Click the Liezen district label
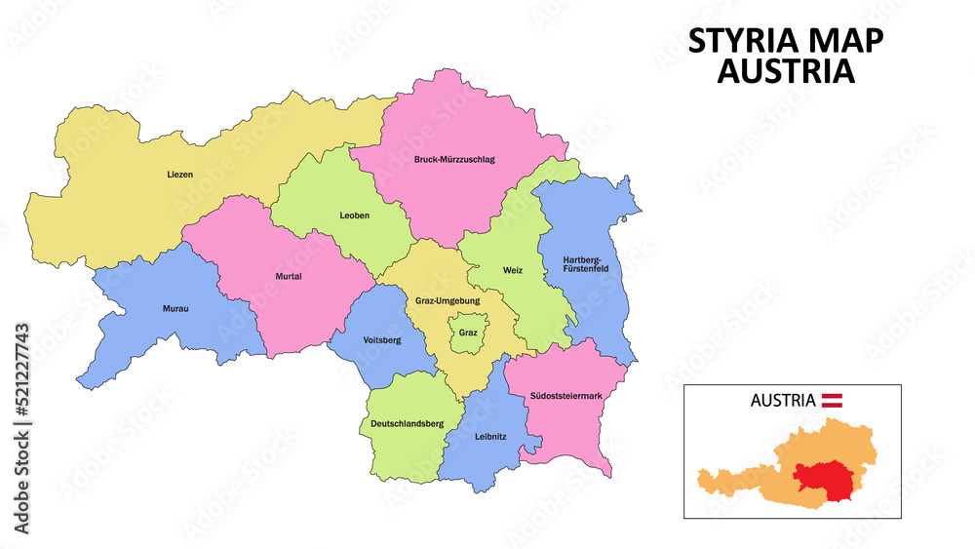tap(179, 175)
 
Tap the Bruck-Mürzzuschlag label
tap(454, 159)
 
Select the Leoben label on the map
tap(354, 216)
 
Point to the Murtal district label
tap(289, 276)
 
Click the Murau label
tap(176, 309)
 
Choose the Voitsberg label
tap(381, 340)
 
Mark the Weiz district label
tap(513, 270)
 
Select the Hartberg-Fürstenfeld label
tap(586, 264)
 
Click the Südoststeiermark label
tap(565, 396)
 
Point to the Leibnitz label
tap(489, 436)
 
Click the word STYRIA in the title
tap(741, 41)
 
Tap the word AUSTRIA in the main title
tap(786, 71)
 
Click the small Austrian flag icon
tap(832, 400)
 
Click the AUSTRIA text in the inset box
tap(783, 400)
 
